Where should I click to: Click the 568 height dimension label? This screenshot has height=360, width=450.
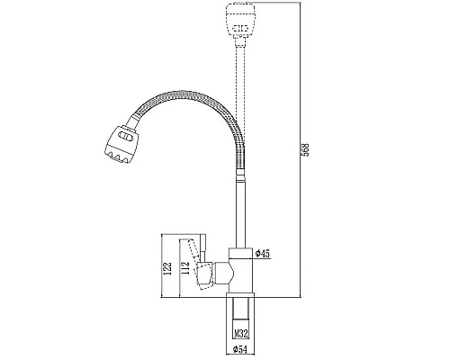tap(305, 150)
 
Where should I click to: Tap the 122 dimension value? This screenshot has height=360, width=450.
tap(168, 268)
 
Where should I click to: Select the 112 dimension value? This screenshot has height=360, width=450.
tap(185, 268)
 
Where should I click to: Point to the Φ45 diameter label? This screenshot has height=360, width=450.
tap(263, 254)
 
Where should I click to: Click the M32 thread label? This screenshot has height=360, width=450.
tap(241, 334)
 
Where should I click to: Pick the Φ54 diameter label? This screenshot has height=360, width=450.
tap(240, 349)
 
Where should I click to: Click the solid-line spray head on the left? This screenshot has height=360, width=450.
tap(121, 144)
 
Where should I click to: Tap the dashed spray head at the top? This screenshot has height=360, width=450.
tap(240, 21)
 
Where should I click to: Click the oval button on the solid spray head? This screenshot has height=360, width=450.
tap(126, 137)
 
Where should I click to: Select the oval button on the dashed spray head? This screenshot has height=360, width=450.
tap(240, 29)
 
